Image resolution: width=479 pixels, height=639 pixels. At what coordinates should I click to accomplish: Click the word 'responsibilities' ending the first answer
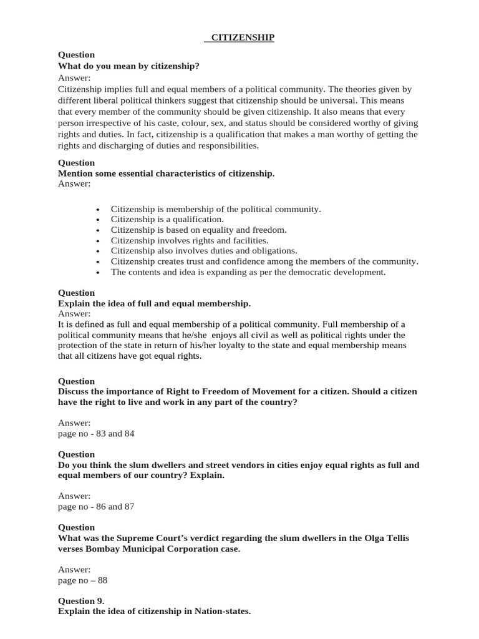click(x=226, y=145)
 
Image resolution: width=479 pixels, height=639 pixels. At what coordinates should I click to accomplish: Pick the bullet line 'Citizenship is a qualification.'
click(x=167, y=220)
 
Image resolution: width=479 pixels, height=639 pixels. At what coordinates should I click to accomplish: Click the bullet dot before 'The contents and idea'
click(x=99, y=273)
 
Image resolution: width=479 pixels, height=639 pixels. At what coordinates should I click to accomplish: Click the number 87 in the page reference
click(x=128, y=507)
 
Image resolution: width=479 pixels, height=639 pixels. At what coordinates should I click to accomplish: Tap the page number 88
click(x=102, y=580)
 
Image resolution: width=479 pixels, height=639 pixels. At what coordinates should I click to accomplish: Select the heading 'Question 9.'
click(x=81, y=601)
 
